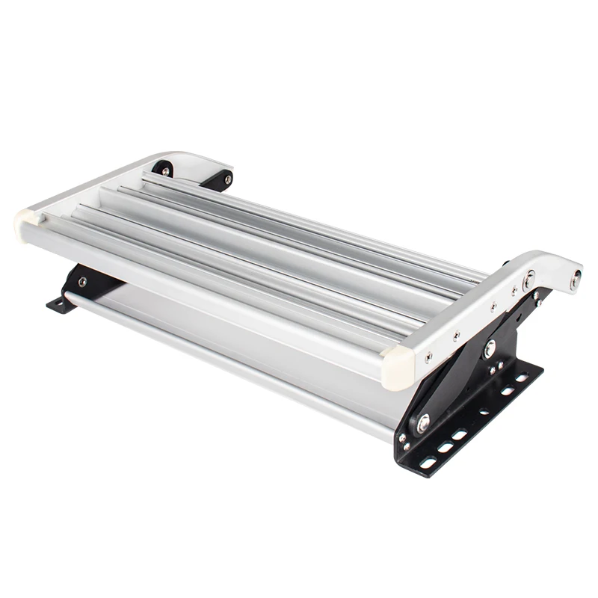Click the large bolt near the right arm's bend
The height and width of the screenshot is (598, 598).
[529, 280]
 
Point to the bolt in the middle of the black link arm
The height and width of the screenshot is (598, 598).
[490, 348]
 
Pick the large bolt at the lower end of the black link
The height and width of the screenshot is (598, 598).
[423, 423]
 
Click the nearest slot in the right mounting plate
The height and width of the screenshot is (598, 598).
[428, 463]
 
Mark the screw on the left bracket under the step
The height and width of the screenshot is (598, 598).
[81, 282]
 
